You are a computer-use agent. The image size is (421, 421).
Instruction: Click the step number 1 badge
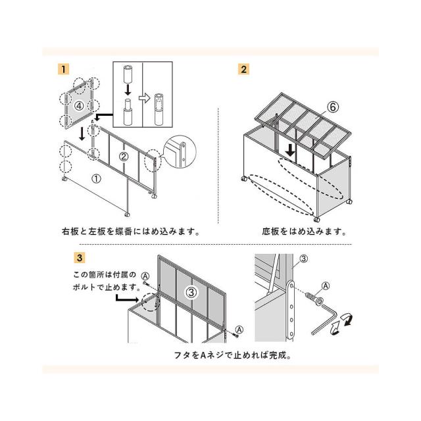tap(64, 69)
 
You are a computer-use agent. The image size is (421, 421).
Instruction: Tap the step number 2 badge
tap(243, 69)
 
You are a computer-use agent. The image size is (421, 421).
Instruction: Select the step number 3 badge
tap(80, 258)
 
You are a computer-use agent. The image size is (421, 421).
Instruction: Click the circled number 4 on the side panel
tap(79, 106)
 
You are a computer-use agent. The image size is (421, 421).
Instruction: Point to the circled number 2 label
tap(123, 157)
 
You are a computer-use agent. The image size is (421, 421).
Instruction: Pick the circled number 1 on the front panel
tap(97, 178)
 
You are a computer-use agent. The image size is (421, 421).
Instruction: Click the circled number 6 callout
tap(333, 107)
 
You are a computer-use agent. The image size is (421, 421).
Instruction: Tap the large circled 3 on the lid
tap(191, 292)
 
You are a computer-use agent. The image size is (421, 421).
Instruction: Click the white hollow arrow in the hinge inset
tap(145, 99)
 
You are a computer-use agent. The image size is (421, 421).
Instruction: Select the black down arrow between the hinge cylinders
tap(128, 89)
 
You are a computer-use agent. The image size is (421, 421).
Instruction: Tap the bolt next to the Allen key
tap(314, 299)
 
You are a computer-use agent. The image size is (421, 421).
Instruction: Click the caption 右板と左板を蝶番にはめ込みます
tap(131, 232)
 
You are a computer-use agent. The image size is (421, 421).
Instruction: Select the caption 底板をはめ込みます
tap(304, 232)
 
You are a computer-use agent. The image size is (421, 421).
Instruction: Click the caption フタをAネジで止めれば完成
tap(232, 355)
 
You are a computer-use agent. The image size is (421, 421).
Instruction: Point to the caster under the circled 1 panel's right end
tap(127, 214)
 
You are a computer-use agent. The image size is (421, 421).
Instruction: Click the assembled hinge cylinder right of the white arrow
tap(159, 109)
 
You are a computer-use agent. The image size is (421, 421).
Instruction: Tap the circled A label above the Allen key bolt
tap(326, 285)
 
